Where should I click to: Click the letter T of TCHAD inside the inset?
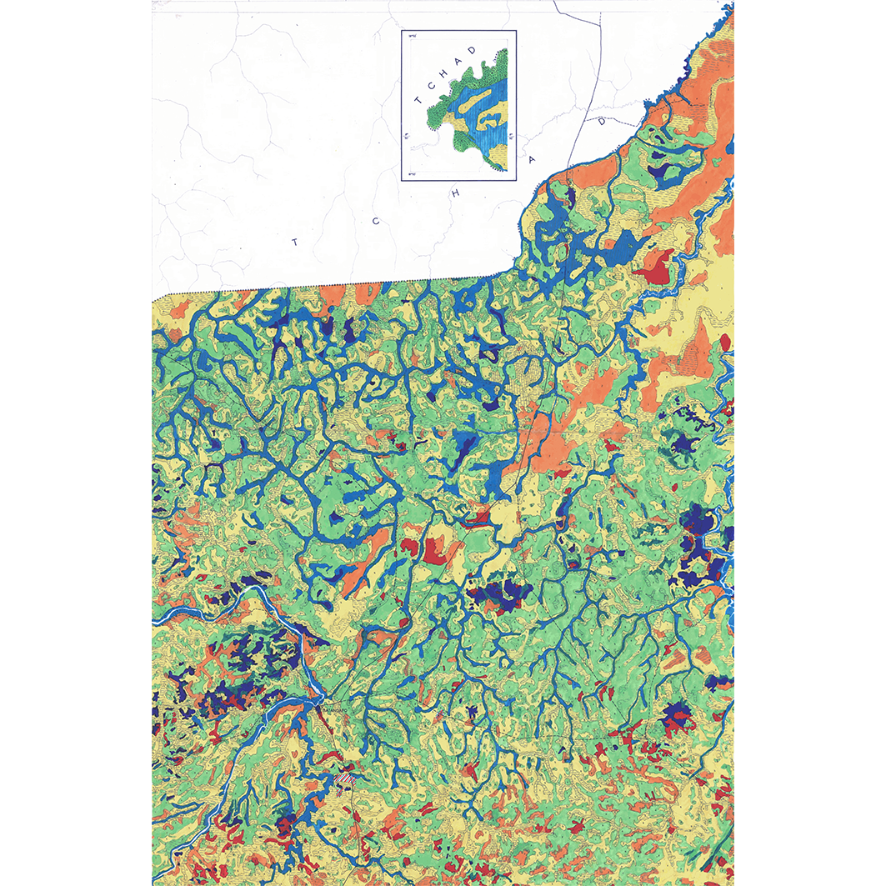pyautogui.click(x=418, y=99)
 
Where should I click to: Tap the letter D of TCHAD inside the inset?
pyautogui.click(x=473, y=50)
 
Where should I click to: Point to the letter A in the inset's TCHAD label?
pyautogui.click(x=458, y=61)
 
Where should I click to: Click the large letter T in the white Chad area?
pyautogui.click(x=293, y=242)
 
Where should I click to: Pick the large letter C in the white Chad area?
pyautogui.click(x=377, y=221)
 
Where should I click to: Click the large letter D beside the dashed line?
pyautogui.click(x=601, y=121)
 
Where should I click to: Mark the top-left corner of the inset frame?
pyautogui.click(x=402, y=31)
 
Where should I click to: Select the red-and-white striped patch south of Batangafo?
pyautogui.click(x=345, y=778)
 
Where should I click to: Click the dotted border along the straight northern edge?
pyautogui.click(x=333, y=285)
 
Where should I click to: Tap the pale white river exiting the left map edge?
pyautogui.click(x=167, y=618)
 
